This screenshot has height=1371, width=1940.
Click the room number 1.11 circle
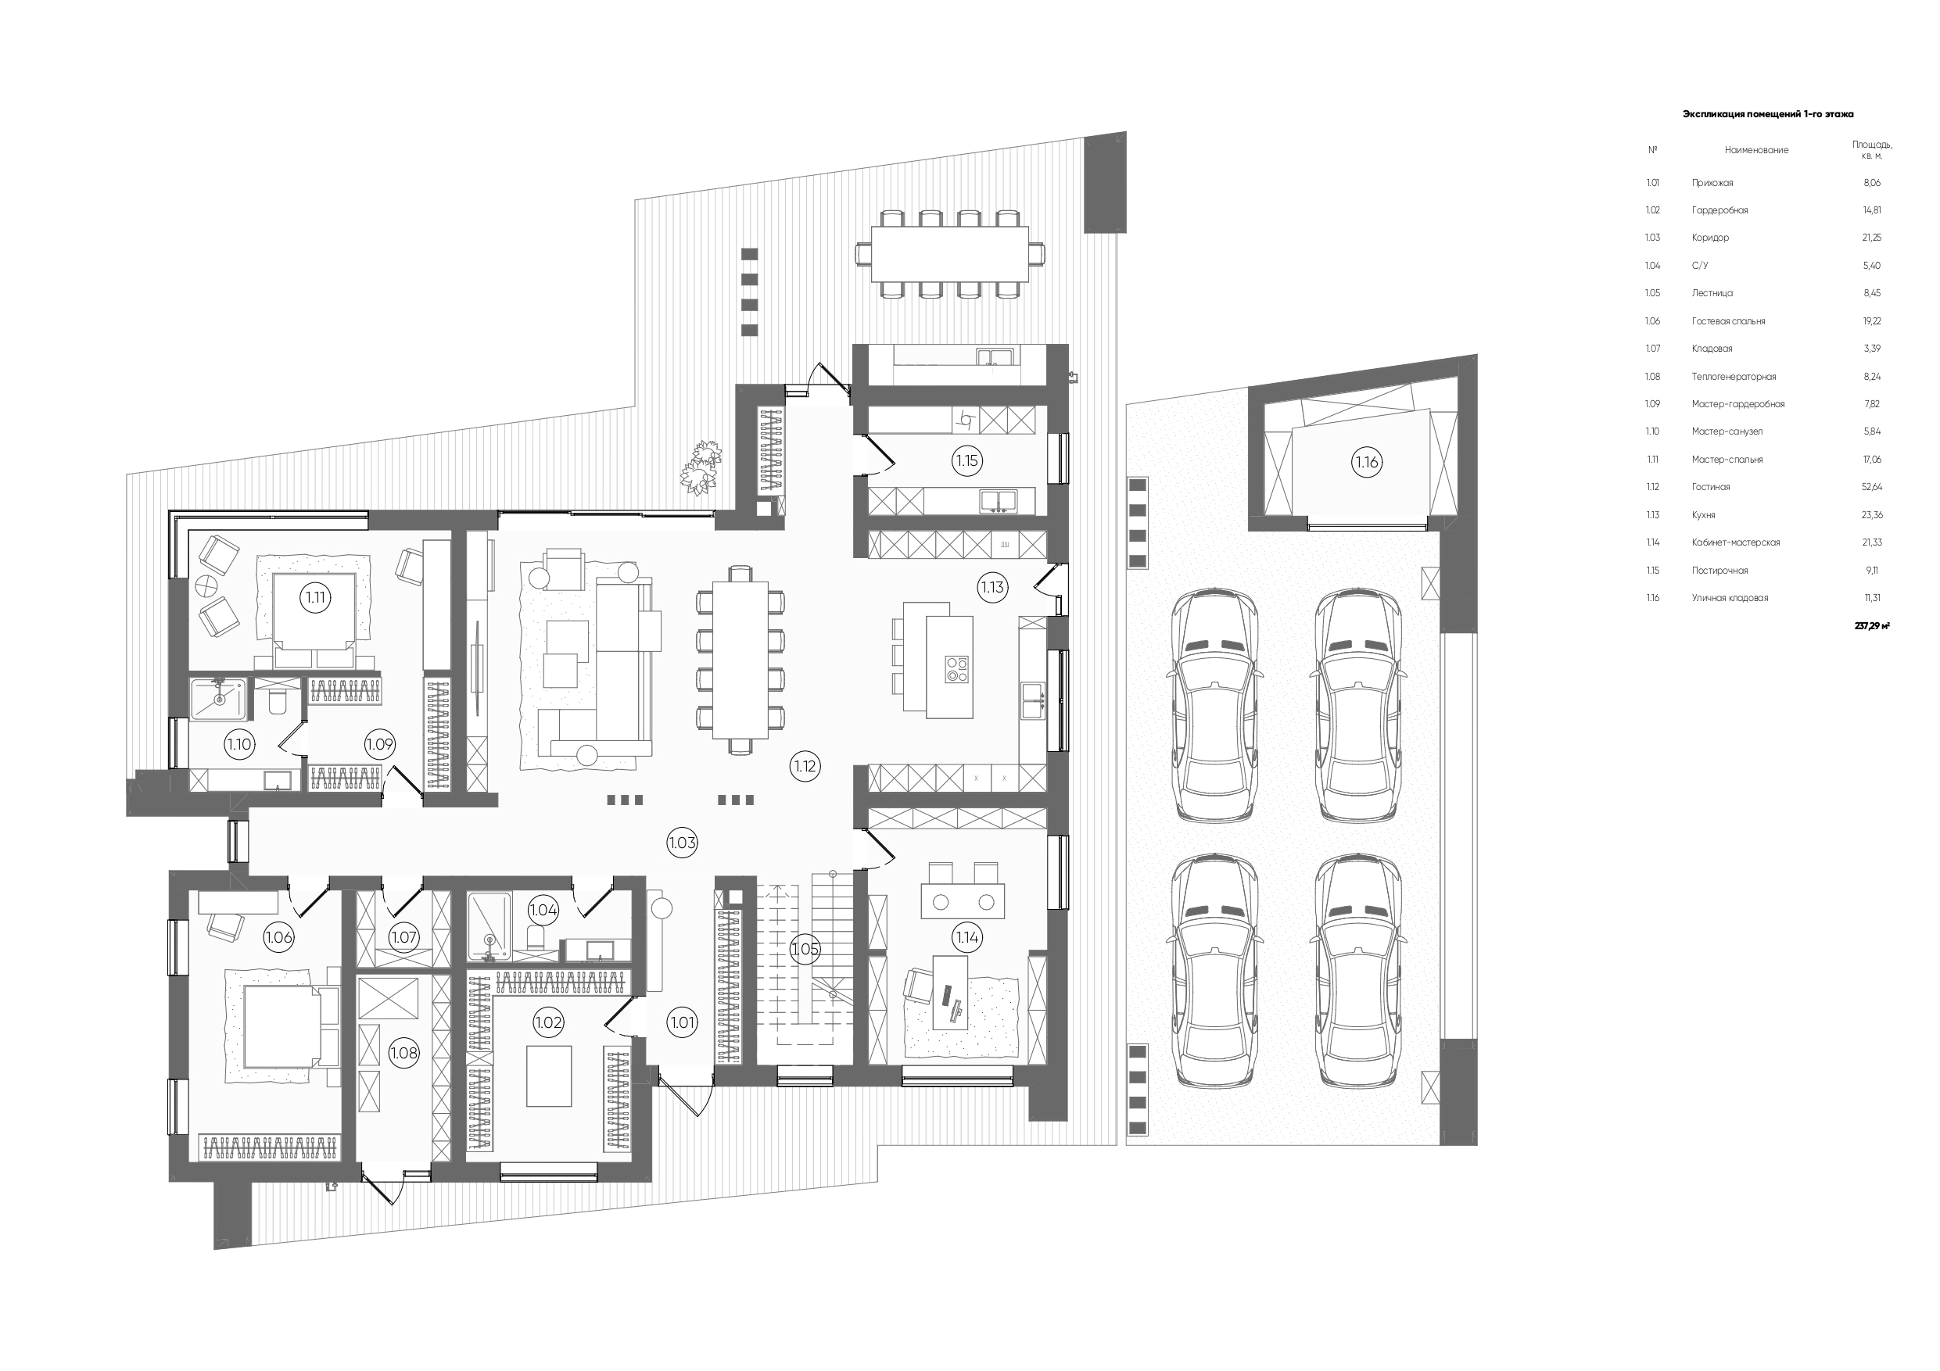click(x=315, y=597)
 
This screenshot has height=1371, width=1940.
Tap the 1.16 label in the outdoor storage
click(x=1366, y=462)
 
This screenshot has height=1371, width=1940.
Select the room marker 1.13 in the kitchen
click(x=992, y=587)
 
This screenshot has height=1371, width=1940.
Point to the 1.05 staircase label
click(x=805, y=950)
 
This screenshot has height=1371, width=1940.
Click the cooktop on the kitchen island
click(x=956, y=668)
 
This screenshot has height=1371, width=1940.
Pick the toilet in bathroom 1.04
click(x=535, y=937)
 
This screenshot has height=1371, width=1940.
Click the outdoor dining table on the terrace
click(x=950, y=254)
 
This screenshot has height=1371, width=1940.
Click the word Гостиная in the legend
click(x=1710, y=488)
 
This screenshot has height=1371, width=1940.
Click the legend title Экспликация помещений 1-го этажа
click(x=1768, y=113)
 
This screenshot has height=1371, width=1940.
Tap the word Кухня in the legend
click(x=1703, y=515)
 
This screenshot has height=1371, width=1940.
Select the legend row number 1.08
click(x=1653, y=377)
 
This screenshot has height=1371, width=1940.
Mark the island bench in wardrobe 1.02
click(x=549, y=1076)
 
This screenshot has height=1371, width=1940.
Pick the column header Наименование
click(x=1757, y=150)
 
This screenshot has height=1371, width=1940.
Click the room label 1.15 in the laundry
click(x=966, y=460)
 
